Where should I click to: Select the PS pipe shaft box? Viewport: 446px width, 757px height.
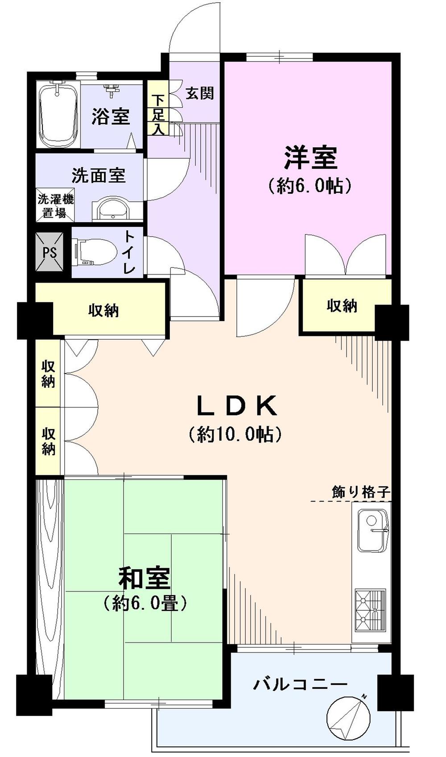[x=50, y=252]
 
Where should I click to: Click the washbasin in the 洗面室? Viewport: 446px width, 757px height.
[x=113, y=209]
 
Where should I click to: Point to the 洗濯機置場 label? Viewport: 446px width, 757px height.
[x=55, y=206]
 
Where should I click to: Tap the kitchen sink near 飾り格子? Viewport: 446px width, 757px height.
[x=372, y=532]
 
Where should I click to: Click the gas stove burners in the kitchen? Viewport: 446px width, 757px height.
[x=370, y=610]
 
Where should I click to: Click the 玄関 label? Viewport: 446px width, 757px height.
[x=200, y=93]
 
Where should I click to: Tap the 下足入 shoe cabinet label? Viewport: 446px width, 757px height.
[x=158, y=115]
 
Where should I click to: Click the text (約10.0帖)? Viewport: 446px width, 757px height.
[x=235, y=433]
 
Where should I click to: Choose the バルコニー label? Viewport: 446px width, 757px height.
[x=300, y=683]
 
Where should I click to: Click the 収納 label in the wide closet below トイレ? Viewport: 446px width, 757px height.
[x=103, y=310]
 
